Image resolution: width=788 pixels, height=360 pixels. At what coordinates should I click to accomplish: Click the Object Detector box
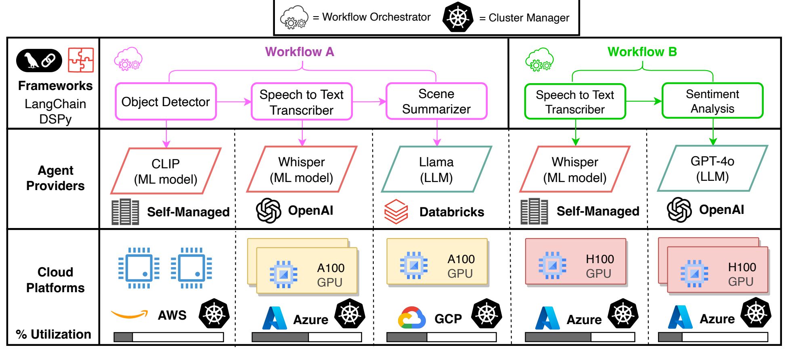166,102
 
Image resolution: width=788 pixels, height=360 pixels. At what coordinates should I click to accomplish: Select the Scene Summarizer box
436,101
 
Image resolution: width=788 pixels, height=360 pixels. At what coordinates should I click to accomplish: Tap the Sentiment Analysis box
713,101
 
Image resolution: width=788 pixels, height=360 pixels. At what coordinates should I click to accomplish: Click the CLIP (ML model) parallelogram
166,171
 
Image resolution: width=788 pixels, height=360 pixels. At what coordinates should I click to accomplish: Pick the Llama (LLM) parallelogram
436,170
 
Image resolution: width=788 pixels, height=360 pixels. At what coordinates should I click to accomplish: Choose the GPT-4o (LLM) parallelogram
713,168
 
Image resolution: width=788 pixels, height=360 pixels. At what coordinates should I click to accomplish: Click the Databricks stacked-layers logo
396,211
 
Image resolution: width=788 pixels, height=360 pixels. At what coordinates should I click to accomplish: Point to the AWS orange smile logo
129,314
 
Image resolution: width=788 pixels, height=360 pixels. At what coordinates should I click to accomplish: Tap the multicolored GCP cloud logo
412,318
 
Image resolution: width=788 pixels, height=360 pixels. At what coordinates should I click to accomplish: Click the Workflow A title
300,52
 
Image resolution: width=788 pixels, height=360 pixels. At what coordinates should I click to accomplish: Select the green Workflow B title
642,52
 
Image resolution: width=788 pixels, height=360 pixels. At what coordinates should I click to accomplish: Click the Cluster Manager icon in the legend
457,17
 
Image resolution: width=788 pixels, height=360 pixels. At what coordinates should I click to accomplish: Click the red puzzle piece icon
81,60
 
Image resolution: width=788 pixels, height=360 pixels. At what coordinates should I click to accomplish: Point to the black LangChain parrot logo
39,61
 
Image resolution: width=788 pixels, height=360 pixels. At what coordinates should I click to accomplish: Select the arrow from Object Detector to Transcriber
234,102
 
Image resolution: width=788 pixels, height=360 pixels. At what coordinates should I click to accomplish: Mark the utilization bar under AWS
169,337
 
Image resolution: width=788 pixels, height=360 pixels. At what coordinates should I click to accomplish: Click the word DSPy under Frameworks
55,119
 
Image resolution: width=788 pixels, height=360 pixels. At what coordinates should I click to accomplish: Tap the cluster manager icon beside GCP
487,313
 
